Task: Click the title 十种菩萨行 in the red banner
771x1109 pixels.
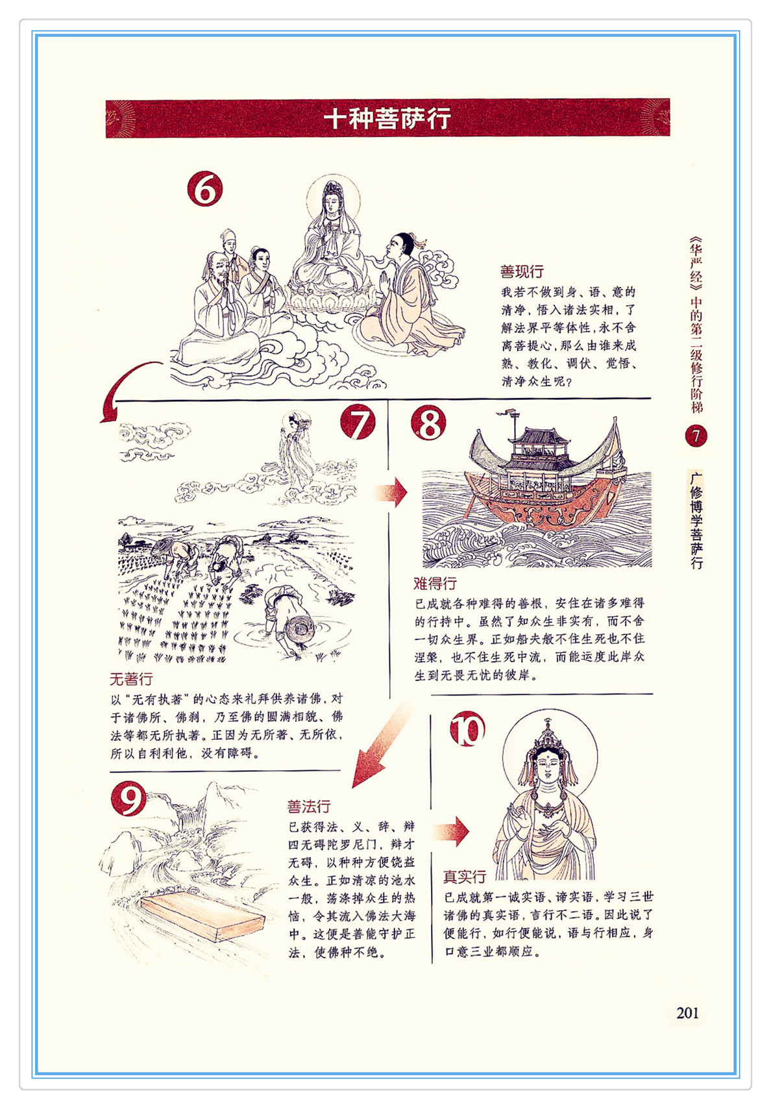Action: pos(387,119)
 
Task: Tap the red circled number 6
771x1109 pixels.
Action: pos(205,189)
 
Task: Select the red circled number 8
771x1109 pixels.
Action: pos(428,423)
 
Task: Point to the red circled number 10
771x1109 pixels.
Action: pos(467,729)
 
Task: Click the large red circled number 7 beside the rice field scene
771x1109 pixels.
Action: pos(358,422)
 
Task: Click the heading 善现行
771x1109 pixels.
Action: pos(522,271)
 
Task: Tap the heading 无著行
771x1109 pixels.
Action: pos(131,679)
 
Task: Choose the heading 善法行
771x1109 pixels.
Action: pos(309,806)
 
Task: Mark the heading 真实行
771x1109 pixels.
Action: pos(465,877)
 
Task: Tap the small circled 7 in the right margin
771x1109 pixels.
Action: pos(696,436)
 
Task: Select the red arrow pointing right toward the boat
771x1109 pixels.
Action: pos(391,493)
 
